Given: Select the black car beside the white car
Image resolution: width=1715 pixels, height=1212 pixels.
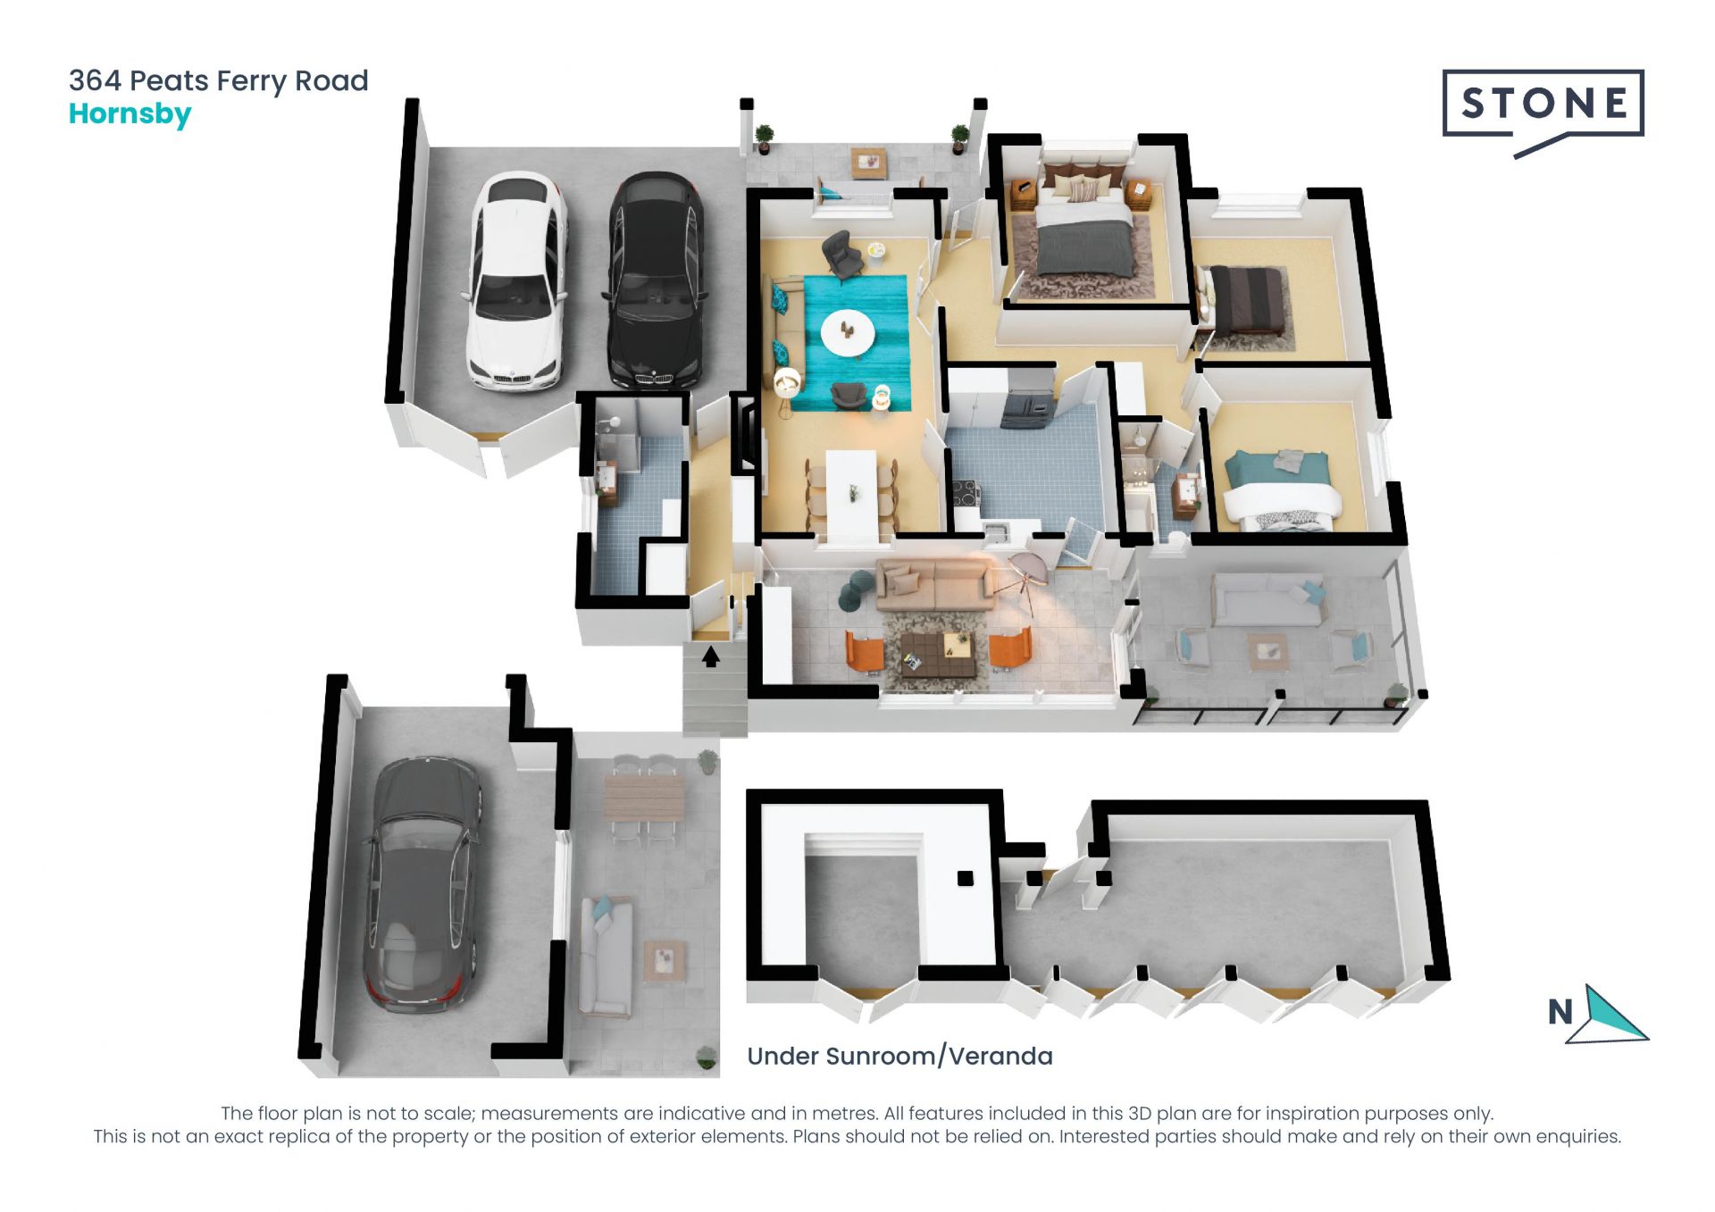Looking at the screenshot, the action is point(656,280).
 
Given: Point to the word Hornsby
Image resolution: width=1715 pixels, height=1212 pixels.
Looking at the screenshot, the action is point(130,114).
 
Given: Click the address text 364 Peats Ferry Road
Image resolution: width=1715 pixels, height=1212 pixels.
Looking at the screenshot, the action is point(219,80).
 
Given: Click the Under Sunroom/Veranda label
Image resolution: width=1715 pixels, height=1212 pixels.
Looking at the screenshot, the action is point(899,1056).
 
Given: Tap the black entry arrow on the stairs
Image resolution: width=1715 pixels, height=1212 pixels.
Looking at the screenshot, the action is point(711,656).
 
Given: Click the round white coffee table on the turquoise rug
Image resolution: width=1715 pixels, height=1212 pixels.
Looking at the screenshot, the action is point(848,332).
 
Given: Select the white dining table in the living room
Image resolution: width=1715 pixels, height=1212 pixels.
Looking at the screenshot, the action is point(850,496).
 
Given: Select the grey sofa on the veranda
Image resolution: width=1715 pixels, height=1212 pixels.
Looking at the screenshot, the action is point(1267,598).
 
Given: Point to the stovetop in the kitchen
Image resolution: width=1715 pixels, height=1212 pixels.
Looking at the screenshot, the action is point(966,491).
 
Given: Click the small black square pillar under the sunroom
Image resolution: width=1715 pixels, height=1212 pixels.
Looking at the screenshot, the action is point(965,878).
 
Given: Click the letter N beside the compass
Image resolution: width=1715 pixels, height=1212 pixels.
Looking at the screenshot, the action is point(1560,1012).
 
